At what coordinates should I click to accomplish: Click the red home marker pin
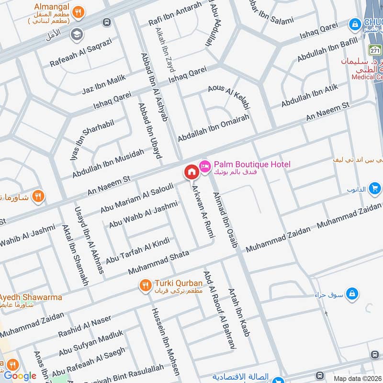191,172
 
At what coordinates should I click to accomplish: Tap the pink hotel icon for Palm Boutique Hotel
205,166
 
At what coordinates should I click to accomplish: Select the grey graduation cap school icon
76,34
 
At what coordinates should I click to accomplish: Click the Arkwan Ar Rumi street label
203,211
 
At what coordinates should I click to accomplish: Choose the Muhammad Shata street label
159,261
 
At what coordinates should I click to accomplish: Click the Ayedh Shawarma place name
31,297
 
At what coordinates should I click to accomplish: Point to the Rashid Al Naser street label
85,326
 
